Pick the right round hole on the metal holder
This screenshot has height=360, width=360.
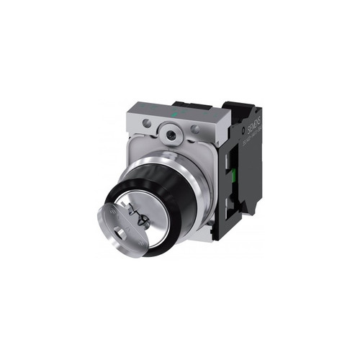[x=194, y=130]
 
